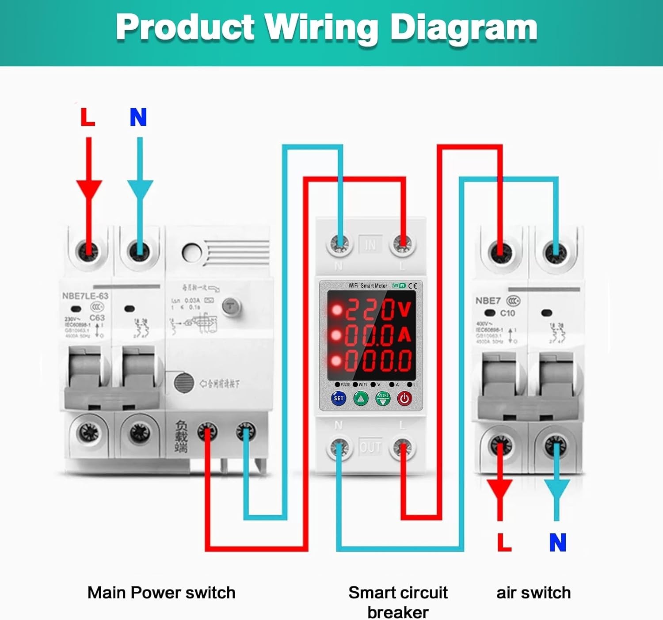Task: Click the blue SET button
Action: [339, 398]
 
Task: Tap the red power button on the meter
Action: [404, 399]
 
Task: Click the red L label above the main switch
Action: [88, 117]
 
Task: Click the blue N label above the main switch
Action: [138, 117]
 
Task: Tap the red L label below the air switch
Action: [504, 542]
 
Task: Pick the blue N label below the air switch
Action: [558, 542]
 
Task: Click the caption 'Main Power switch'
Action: [161, 593]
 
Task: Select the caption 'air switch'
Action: [533, 593]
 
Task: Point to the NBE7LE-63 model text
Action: [85, 296]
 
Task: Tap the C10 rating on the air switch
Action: [507, 313]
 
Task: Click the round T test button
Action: [231, 305]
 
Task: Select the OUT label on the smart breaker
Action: [370, 448]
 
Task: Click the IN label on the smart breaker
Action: [370, 244]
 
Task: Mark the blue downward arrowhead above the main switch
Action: [140, 189]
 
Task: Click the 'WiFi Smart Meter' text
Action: [368, 285]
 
